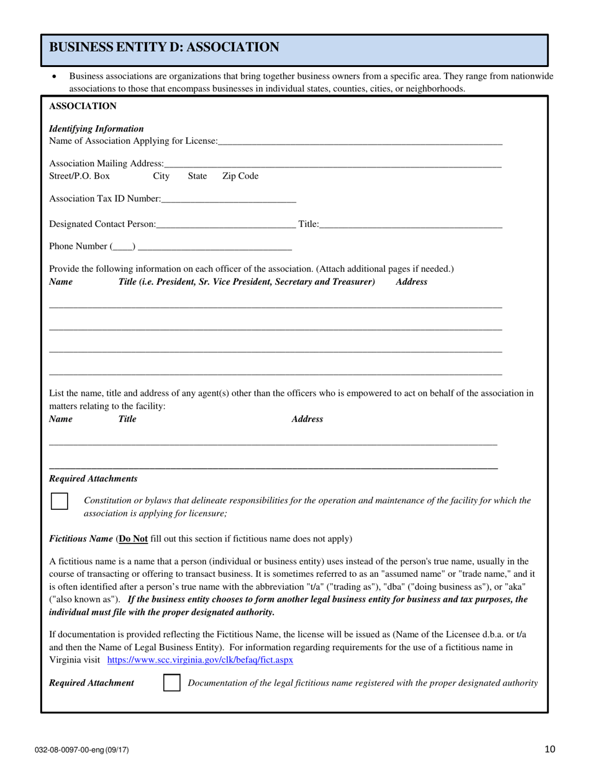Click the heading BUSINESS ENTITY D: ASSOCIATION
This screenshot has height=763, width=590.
(164, 47)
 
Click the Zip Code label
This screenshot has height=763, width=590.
(240, 176)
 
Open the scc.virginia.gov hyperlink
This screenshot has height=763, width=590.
(201, 660)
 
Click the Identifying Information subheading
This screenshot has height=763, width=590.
(96, 128)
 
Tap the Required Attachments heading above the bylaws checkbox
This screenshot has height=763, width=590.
(93, 479)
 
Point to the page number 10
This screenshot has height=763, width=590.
(549, 749)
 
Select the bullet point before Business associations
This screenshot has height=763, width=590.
(56, 77)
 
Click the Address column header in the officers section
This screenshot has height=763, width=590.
(411, 282)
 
